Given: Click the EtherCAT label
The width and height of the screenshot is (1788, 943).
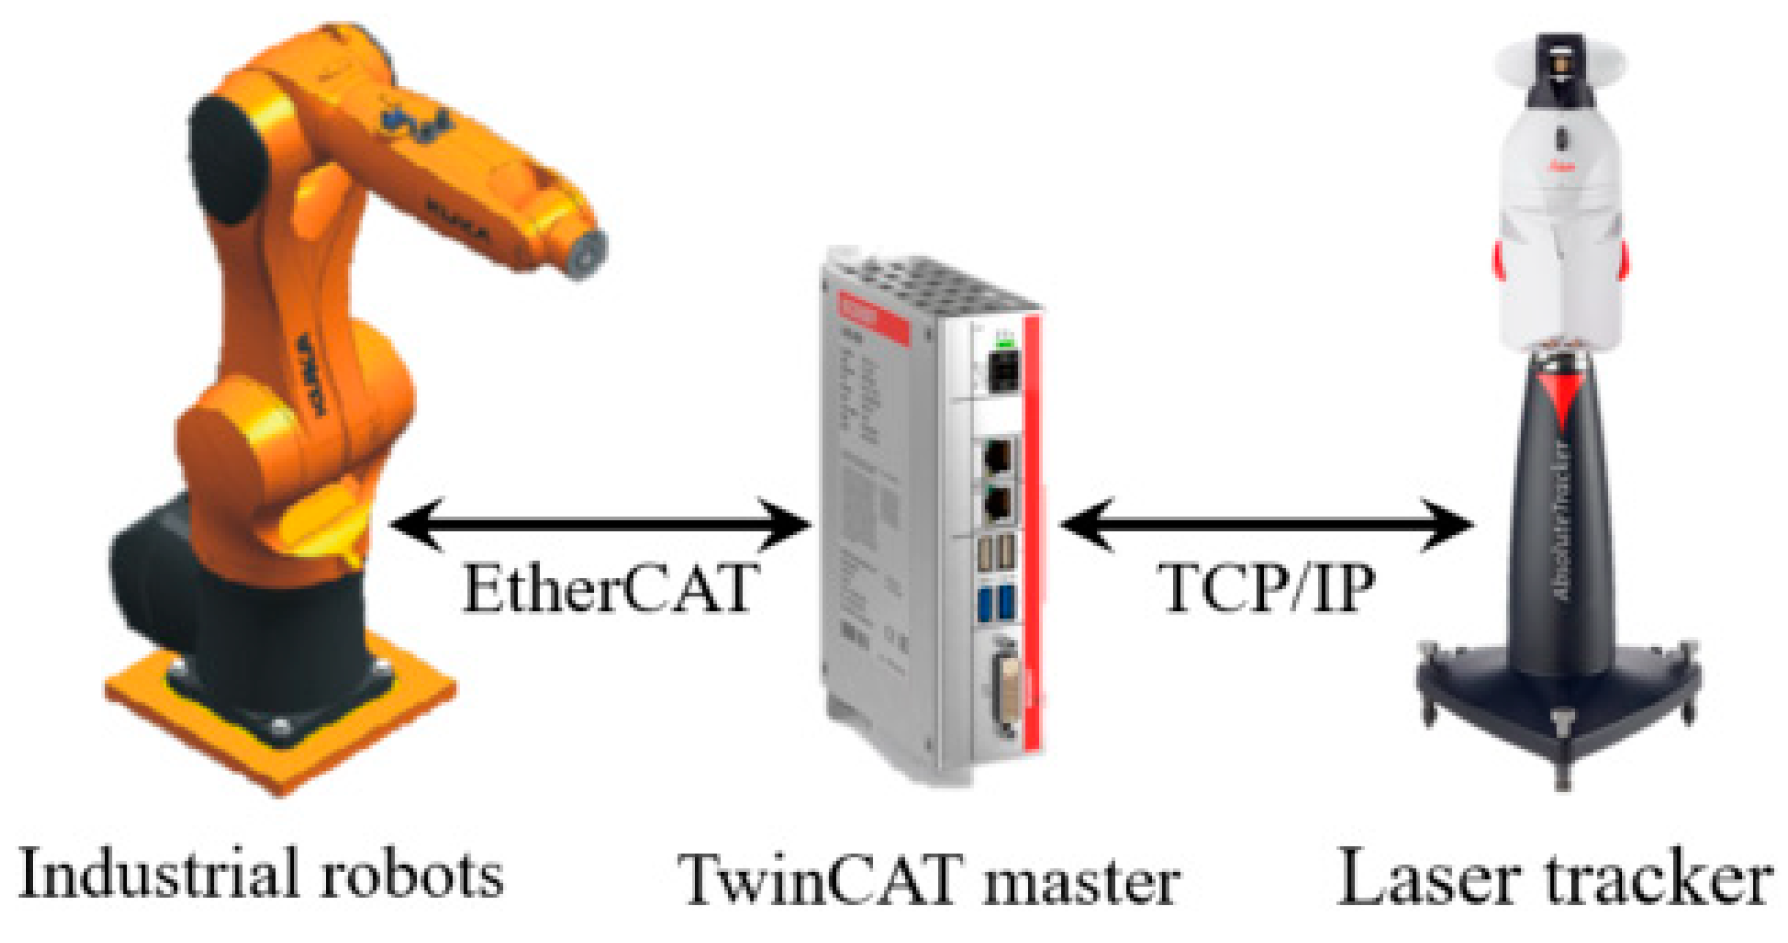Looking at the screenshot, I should click(x=610, y=588).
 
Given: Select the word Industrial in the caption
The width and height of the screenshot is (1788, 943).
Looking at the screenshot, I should click(x=148, y=873).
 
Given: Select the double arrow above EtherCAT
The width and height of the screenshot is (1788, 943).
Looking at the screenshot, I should click(x=601, y=524).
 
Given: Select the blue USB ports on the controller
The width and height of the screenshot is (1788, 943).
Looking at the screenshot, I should click(x=996, y=602).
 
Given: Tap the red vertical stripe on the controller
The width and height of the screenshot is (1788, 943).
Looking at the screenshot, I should click(x=1032, y=532).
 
